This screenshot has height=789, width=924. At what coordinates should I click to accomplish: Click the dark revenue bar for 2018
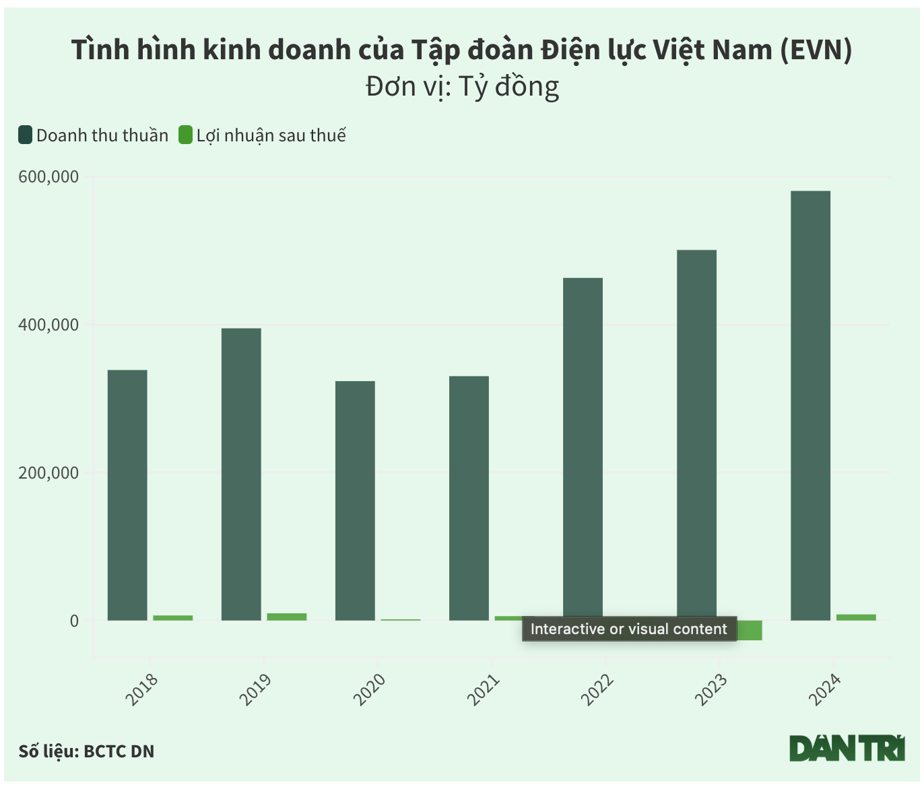pyautogui.click(x=127, y=495)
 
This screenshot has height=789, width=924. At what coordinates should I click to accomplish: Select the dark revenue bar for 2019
pyautogui.click(x=241, y=474)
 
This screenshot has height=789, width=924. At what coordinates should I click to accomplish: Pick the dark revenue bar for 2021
pyautogui.click(x=469, y=498)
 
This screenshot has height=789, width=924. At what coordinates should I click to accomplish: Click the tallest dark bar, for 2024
pyautogui.click(x=810, y=405)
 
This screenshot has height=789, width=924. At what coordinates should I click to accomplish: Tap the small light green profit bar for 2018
pyautogui.click(x=172, y=617)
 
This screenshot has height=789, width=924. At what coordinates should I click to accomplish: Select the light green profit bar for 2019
pyautogui.click(x=286, y=617)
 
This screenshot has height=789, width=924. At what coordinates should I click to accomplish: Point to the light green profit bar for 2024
pyautogui.click(x=856, y=617)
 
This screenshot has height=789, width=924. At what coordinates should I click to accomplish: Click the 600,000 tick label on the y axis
pyautogui.click(x=48, y=177)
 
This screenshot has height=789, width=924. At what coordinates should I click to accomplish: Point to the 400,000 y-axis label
pyautogui.click(x=48, y=325)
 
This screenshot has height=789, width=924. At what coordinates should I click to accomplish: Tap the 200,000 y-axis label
pyautogui.click(x=48, y=473)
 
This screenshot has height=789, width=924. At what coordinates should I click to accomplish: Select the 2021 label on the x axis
pyautogui.click(x=484, y=689)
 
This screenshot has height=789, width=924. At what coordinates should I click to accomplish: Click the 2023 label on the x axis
pyautogui.click(x=712, y=689)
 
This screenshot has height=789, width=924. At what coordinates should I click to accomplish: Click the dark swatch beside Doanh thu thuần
pyautogui.click(x=26, y=135)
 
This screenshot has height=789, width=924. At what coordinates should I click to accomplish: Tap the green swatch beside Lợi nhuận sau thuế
pyautogui.click(x=185, y=135)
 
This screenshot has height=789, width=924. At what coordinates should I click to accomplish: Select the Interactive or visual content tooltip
pyautogui.click(x=629, y=629)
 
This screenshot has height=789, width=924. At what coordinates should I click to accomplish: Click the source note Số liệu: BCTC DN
pyautogui.click(x=87, y=751)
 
